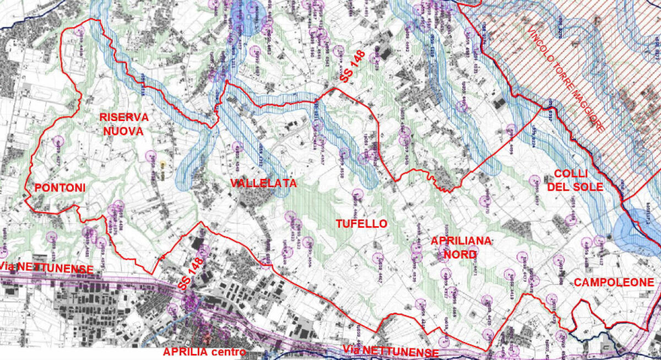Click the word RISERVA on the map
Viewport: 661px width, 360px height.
(124, 117)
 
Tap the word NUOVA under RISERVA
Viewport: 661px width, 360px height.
(124, 132)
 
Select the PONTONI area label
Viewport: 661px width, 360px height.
(60, 188)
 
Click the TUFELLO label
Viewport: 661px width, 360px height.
(362, 223)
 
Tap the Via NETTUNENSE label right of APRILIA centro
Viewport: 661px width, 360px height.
(390, 351)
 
